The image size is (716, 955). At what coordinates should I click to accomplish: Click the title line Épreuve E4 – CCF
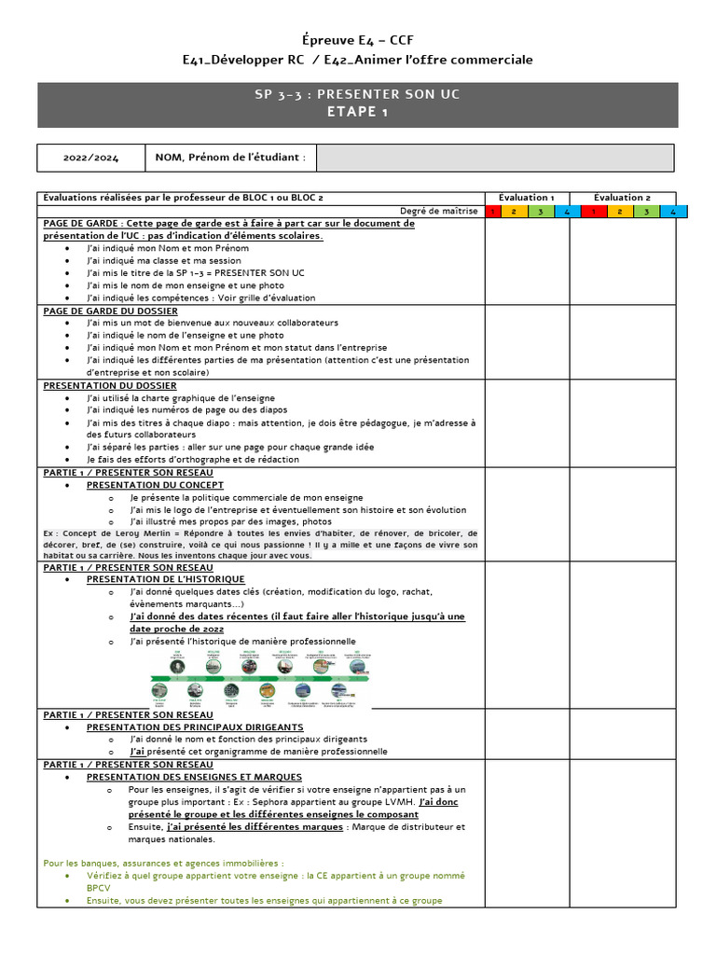[x=358, y=40]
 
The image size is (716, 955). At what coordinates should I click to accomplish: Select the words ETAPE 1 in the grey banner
[x=358, y=112]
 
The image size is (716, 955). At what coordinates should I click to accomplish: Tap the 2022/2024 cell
[x=90, y=158]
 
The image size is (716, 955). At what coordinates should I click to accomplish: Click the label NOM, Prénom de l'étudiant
[x=230, y=158]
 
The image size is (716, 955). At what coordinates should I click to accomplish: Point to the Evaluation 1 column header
[x=527, y=198]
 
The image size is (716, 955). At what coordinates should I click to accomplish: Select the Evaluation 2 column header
[x=622, y=198]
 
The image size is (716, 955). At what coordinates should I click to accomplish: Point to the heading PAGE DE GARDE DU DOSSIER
[x=110, y=311]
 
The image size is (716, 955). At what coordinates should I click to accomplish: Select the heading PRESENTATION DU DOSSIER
[x=110, y=385]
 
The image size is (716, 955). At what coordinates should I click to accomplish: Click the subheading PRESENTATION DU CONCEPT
[x=155, y=485]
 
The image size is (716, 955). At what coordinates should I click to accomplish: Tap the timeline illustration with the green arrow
[x=265, y=677]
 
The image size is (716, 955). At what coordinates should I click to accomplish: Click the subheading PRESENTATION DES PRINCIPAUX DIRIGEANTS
[x=195, y=727]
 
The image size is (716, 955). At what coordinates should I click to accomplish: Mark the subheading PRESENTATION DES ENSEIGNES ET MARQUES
[x=194, y=777]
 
